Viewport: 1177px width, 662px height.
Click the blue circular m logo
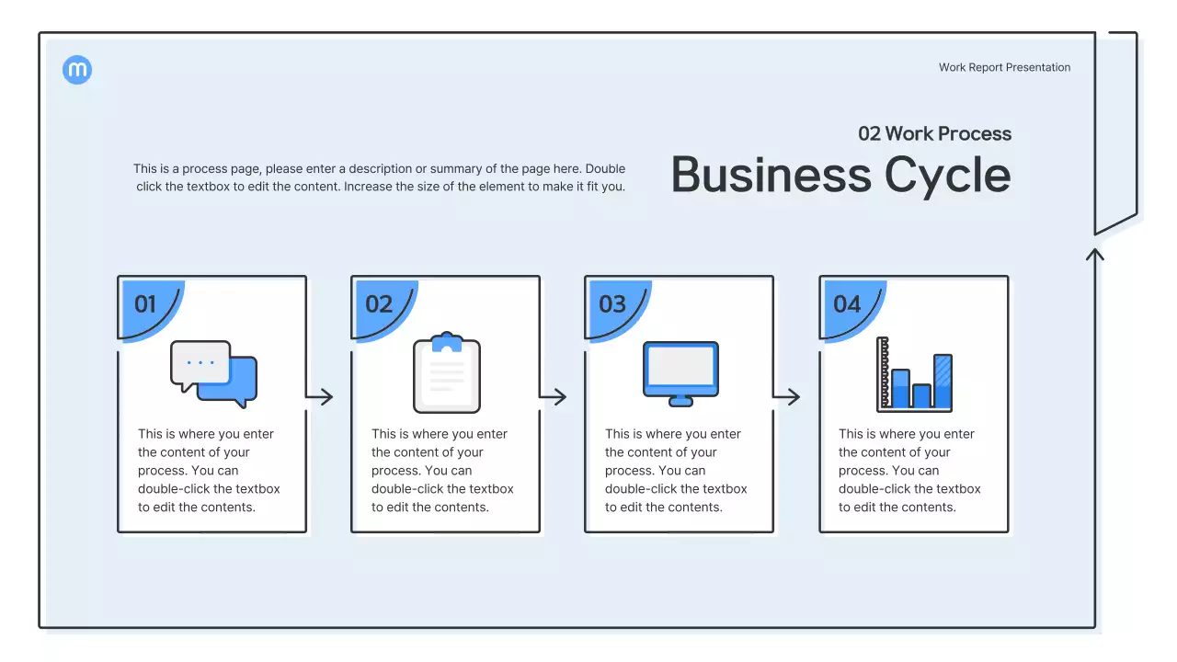[77, 70]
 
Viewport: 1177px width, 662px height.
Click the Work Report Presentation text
[1004, 67]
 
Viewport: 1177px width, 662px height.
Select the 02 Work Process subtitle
[934, 133]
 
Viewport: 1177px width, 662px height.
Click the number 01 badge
[146, 304]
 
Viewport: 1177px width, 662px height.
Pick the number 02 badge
[380, 304]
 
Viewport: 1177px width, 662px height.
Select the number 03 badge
[613, 304]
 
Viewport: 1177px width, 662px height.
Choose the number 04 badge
[847, 304]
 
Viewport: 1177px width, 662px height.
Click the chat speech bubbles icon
[213, 374]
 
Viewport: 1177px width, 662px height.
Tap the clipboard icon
[447, 373]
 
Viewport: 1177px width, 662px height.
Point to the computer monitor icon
[680, 373]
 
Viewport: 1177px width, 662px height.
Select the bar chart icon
[914, 374]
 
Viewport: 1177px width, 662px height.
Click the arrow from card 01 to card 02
[320, 397]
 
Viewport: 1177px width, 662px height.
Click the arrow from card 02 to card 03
[554, 397]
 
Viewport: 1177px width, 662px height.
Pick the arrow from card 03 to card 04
[787, 397]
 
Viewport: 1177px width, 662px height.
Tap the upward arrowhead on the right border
[1094, 253]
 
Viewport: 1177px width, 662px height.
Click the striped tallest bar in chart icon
[943, 381]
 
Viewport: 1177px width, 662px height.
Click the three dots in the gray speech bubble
[200, 362]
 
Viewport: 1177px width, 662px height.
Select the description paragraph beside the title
[380, 177]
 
